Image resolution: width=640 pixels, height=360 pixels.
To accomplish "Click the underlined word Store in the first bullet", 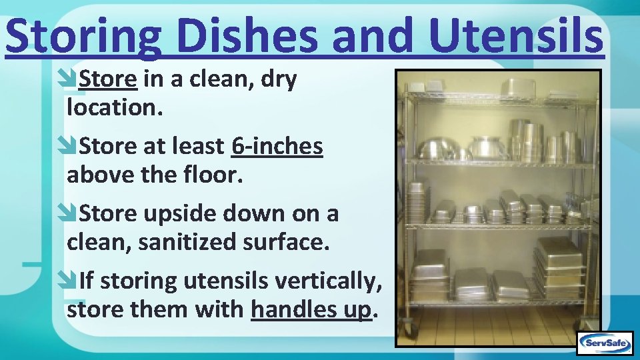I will tap(108, 79).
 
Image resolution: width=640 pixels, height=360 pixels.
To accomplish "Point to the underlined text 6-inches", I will tap(277, 146).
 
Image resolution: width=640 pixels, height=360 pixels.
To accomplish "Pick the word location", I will tap(114, 107).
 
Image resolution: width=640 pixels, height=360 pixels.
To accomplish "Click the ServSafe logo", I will tap(604, 343).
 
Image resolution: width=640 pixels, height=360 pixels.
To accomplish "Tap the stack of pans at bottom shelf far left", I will tap(429, 274).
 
